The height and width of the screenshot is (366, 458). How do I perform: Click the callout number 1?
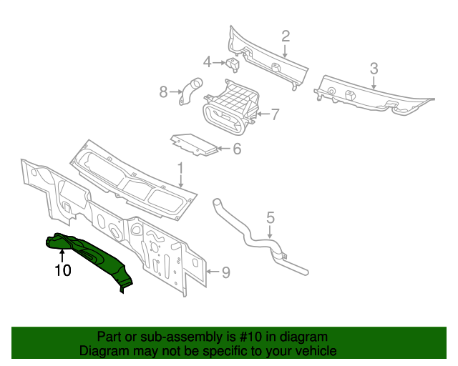[x=181, y=169]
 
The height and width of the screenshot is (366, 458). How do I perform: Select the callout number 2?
[x=285, y=36]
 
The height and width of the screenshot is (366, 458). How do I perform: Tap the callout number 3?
[x=374, y=69]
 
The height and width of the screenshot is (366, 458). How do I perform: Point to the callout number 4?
[x=207, y=62]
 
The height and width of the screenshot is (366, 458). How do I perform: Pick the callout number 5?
[x=271, y=217]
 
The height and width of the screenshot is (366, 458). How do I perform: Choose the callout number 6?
[x=237, y=149]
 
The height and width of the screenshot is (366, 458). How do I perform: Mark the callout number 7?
[x=274, y=114]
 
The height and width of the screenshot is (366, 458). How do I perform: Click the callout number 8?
[x=163, y=91]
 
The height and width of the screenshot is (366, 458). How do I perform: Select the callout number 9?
[x=225, y=272]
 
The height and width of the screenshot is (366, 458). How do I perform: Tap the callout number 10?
[x=63, y=270]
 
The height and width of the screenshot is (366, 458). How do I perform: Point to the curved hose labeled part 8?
[x=190, y=91]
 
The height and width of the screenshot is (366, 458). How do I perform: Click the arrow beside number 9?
[x=212, y=272]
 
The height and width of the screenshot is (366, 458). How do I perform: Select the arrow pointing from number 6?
[x=223, y=149]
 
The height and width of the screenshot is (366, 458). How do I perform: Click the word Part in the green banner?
[x=109, y=337]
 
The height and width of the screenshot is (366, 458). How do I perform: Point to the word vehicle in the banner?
[x=316, y=351]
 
